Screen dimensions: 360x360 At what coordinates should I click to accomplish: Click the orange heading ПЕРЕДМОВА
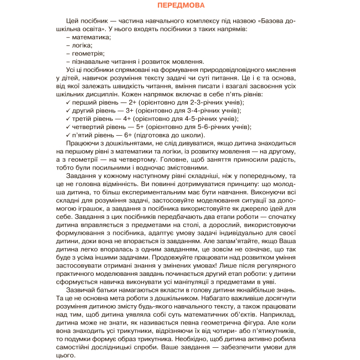coord(180,7)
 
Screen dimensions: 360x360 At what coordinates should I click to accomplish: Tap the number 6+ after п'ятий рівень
coord(131,135)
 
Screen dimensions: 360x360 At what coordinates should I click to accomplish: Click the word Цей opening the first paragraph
coord(73,20)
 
